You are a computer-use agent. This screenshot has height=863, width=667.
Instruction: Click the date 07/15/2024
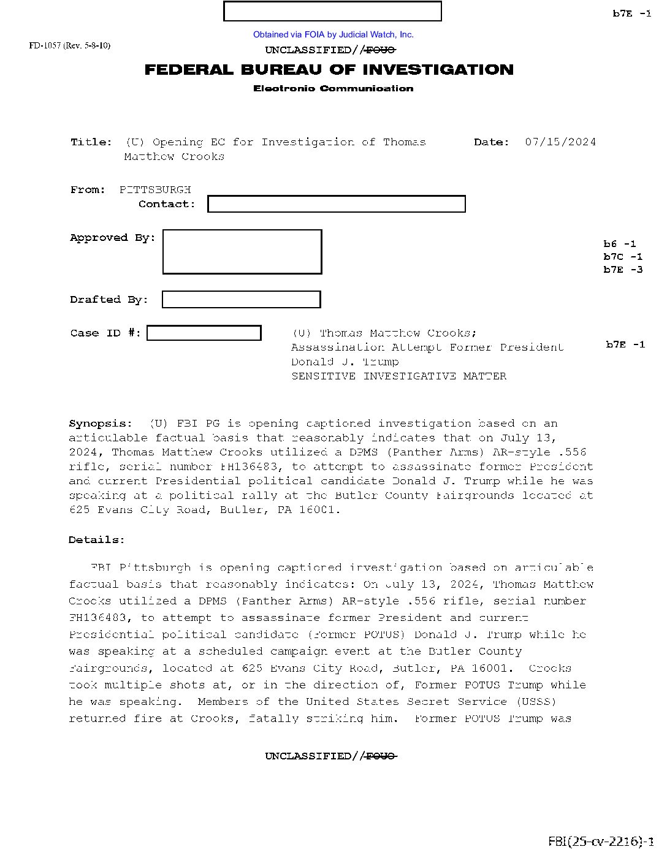click(x=560, y=142)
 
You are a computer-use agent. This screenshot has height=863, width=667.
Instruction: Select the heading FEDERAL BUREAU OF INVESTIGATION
click(x=329, y=70)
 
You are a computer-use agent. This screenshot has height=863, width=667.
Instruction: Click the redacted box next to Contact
click(x=336, y=204)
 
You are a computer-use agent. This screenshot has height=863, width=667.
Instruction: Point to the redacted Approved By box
click(x=242, y=252)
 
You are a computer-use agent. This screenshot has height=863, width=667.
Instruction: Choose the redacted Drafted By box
click(x=241, y=300)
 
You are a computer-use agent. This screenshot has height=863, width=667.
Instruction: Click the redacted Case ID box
click(x=204, y=333)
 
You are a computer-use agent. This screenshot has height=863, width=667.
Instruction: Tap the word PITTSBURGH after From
click(x=155, y=190)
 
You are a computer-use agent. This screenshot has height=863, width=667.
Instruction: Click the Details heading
click(x=97, y=540)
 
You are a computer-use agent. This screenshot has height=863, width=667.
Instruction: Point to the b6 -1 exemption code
click(x=620, y=244)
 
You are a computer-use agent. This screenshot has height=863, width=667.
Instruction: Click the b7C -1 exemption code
click(x=623, y=257)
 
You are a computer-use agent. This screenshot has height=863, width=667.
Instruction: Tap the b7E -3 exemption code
click(x=623, y=270)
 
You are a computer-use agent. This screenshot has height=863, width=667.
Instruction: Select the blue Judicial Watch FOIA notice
click(x=333, y=35)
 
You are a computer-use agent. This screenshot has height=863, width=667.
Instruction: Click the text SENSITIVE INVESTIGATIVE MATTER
click(x=398, y=376)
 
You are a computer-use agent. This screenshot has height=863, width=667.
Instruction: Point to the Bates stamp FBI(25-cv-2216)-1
click(x=601, y=842)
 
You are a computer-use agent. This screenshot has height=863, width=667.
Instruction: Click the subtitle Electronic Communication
click(x=333, y=89)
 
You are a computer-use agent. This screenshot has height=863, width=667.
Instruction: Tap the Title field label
click(x=91, y=142)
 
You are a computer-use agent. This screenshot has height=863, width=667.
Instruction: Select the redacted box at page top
click(x=332, y=12)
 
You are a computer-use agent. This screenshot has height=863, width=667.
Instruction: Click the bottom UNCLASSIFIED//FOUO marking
click(x=331, y=756)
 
